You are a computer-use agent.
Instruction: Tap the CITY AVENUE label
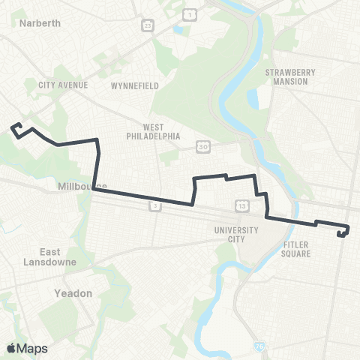point(63,85)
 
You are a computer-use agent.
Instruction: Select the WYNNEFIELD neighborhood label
point(135,85)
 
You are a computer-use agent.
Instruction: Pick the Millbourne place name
point(82,186)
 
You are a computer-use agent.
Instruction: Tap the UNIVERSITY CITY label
point(235,235)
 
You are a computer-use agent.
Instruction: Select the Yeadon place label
point(73,293)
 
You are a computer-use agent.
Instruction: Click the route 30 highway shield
point(204,146)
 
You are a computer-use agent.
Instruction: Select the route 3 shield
point(154,205)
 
